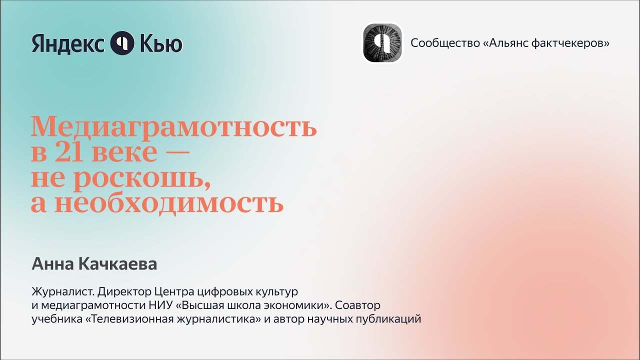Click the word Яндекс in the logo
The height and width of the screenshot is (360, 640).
pyautogui.click(x=67, y=43)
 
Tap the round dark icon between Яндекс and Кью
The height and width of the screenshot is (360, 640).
pyautogui.click(x=122, y=43)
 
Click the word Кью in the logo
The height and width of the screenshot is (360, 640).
pyautogui.click(x=161, y=43)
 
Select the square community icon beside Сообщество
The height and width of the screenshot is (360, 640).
pyautogui.click(x=382, y=42)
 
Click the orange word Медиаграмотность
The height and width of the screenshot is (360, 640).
pyautogui.click(x=173, y=127)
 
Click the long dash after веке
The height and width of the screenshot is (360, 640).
pyautogui.click(x=176, y=152)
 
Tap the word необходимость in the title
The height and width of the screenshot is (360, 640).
pyautogui.click(x=168, y=203)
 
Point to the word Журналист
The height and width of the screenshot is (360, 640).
pyautogui.click(x=63, y=292)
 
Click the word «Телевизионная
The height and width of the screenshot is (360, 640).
pyautogui.click(x=129, y=319)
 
